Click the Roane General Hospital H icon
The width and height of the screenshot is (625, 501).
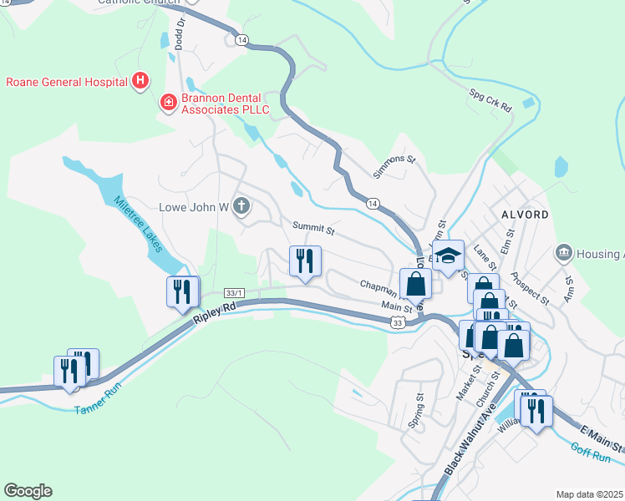141,81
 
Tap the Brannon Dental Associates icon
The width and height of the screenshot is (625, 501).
168,102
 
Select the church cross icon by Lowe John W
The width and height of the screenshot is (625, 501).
241,205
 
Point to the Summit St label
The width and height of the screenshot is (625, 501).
313,227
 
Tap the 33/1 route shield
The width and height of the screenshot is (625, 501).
235,292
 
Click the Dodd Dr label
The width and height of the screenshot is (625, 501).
179,34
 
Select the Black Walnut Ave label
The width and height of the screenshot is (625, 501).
472,435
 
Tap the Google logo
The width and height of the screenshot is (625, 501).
28,491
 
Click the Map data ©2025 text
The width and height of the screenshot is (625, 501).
589,494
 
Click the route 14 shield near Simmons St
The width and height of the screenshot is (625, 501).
372,203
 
